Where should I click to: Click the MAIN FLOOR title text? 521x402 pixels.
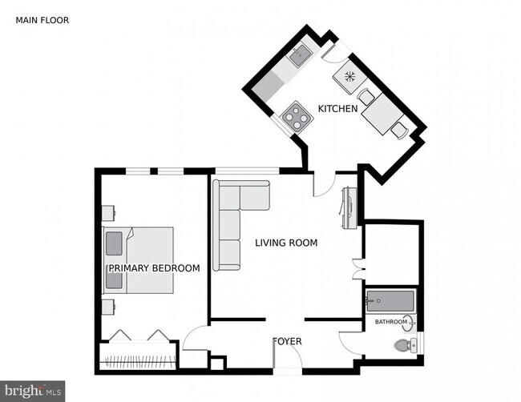click(x=42, y=20)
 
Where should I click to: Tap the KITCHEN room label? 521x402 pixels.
click(x=337, y=109)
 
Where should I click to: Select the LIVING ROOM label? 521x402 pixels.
click(x=286, y=243)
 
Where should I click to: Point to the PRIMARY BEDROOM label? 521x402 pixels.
click(x=153, y=268)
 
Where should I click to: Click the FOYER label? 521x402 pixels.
click(x=287, y=341)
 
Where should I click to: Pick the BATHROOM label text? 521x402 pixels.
click(x=391, y=322)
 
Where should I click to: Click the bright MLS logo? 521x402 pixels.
click(x=32, y=391)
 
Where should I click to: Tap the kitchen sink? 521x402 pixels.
click(x=301, y=54)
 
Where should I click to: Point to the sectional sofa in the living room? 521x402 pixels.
click(x=236, y=216)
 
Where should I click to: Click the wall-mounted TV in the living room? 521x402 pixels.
click(x=349, y=207)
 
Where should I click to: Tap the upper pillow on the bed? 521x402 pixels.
click(x=114, y=242)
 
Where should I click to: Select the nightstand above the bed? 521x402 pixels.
click(x=107, y=213)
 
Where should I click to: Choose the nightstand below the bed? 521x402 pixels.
click(x=107, y=307)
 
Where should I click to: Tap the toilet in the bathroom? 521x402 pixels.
click(x=405, y=346)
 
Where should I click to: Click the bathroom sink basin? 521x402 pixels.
click(x=410, y=324)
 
